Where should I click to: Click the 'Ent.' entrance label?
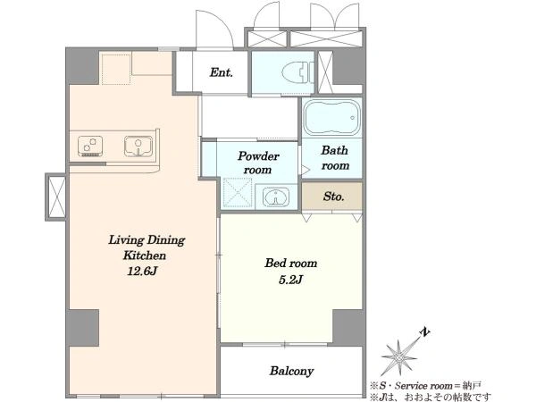point(222,72)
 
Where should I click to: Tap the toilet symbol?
point(298,72)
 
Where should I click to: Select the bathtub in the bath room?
point(332,117)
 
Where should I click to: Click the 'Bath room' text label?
point(335,158)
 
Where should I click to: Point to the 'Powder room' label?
point(258,163)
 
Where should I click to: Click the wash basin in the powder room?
point(275,197)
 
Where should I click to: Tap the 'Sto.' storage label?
point(333,197)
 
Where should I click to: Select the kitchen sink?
point(138,146)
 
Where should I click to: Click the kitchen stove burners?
point(90,146)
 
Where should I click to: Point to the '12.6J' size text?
point(142,272)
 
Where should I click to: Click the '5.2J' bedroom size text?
point(291,280)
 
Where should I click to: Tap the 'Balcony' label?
point(291,371)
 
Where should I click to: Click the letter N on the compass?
point(424,332)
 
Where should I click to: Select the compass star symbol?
point(399,357)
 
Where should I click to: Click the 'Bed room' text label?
point(291,264)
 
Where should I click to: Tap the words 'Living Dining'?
point(147,240)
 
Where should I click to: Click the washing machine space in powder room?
point(238,192)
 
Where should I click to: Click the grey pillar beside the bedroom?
point(348,326)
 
